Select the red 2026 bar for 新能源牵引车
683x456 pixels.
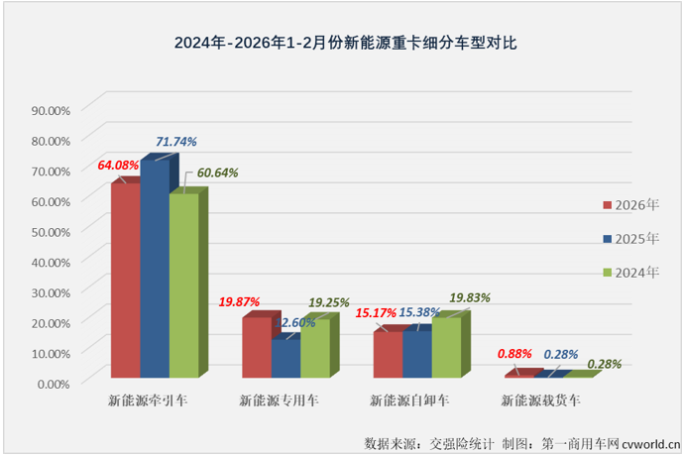tap(125, 280)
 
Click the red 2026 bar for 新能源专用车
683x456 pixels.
tap(257, 347)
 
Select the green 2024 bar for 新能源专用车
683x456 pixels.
tap(316, 348)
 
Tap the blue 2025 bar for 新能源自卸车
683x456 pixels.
tap(417, 354)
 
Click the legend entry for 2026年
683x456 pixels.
tap(630, 205)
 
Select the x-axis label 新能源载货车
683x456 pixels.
tap(540, 401)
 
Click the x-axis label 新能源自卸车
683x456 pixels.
tap(409, 401)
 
